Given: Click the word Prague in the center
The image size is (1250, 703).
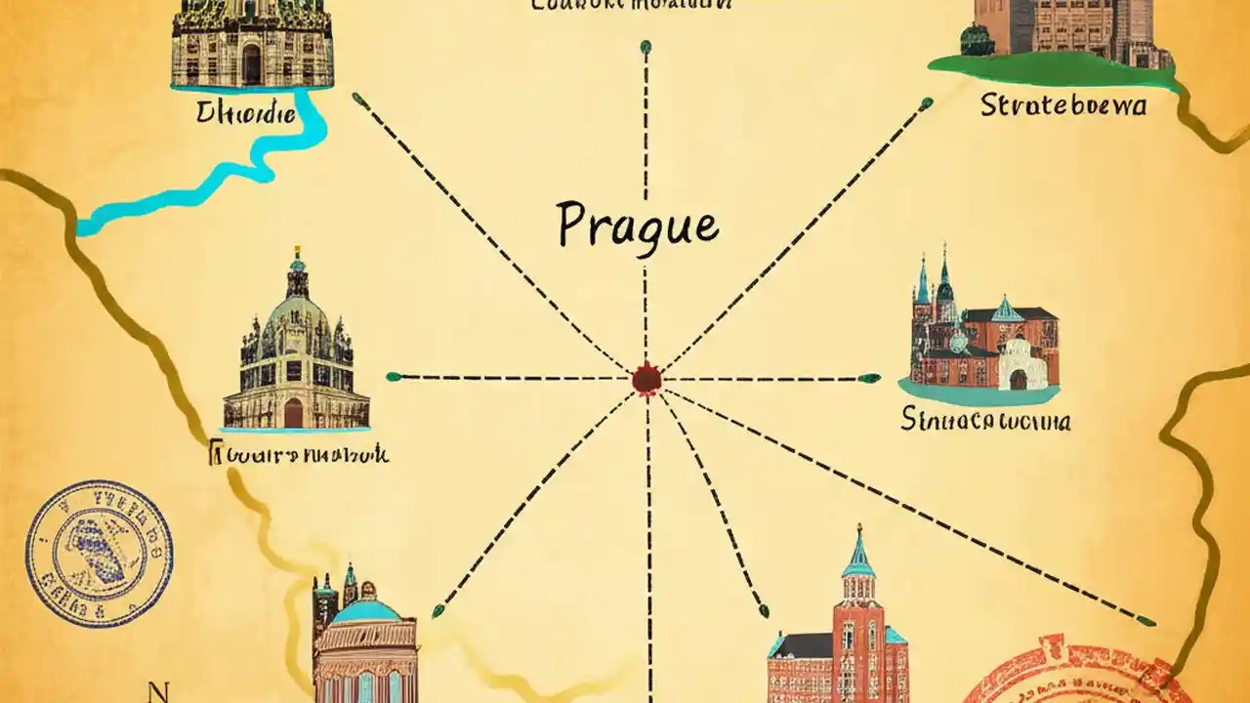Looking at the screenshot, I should pyautogui.click(x=637, y=225).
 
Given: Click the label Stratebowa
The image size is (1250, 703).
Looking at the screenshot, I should pyautogui.click(x=1062, y=104).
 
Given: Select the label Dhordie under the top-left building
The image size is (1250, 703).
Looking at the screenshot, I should pyautogui.click(x=245, y=114).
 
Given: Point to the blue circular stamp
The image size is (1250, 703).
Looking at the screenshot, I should pyautogui.click(x=99, y=554).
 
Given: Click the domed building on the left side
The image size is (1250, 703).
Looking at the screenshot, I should pyautogui.click(x=295, y=351).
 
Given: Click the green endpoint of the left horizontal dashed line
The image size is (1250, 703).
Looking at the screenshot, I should pyautogui.click(x=393, y=376).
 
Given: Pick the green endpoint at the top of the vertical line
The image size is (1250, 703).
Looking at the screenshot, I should pyautogui.click(x=645, y=46).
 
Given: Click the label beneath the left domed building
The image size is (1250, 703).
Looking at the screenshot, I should pyautogui.click(x=299, y=454).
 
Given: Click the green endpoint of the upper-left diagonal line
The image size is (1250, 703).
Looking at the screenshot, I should pyautogui.click(x=358, y=98).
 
